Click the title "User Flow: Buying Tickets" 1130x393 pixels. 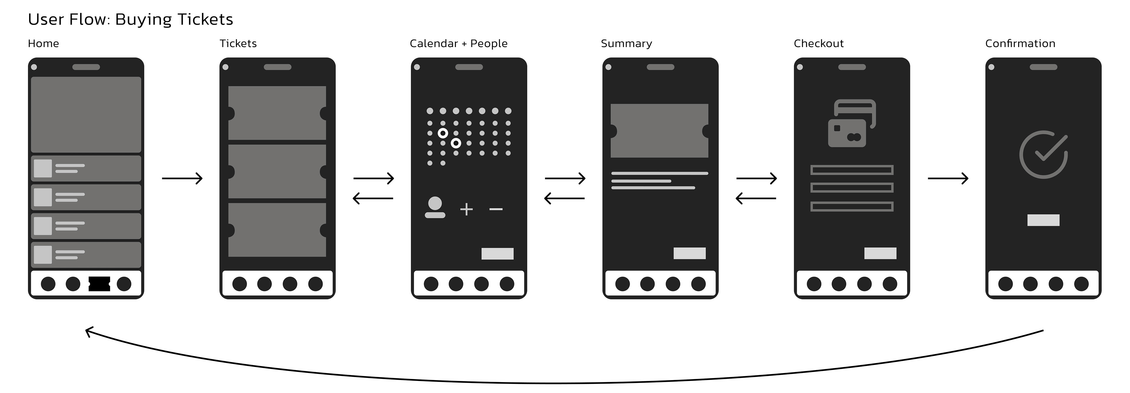pos(130,19)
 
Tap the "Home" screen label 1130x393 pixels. pos(43,44)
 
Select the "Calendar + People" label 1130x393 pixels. pos(458,44)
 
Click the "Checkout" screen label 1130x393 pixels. pos(819,44)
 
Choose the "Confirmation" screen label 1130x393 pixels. pos(1020,44)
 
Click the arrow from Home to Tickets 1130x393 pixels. pos(182,178)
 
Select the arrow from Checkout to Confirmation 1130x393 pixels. pos(948,178)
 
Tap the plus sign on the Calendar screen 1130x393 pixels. pos(466,209)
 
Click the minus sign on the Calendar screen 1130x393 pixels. pos(496,209)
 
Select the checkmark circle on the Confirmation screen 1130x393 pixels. pos(1043,154)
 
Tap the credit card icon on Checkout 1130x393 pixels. pos(851,123)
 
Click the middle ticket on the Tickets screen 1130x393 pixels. pos(277,172)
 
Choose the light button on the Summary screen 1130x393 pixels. pos(689,253)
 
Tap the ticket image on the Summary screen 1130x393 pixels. pos(659,131)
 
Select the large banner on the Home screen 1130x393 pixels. pos(86,115)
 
